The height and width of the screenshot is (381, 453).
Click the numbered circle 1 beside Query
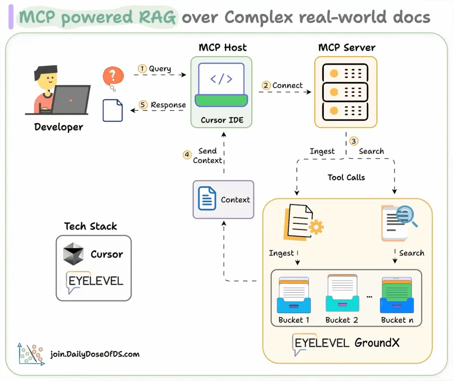[x=142, y=68]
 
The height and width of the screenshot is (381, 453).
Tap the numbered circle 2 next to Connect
[x=266, y=85]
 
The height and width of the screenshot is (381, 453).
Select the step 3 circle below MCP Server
[x=354, y=141]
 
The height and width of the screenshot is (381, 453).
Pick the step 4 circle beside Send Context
[x=187, y=155]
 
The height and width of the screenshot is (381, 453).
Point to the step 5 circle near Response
[x=143, y=104]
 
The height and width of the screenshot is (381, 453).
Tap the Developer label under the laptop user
[x=59, y=127]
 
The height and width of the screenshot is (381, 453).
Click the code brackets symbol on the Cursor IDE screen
[x=221, y=79]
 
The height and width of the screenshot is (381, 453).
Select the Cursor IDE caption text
[x=222, y=120]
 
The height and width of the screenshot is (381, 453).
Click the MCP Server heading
[x=347, y=47]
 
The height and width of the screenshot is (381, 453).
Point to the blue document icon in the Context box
[x=207, y=198]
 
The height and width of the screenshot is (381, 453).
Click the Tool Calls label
[x=346, y=177]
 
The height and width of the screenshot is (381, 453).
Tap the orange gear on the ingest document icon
[x=316, y=227]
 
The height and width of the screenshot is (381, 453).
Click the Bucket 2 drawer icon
[x=342, y=293]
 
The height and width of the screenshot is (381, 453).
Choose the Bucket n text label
[x=397, y=320]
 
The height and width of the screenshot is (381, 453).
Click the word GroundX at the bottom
[x=377, y=342]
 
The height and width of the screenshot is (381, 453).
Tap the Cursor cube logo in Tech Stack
[x=73, y=254]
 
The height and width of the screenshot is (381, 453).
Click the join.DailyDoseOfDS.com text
[x=95, y=354]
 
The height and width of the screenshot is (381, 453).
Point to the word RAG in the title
[x=157, y=17]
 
